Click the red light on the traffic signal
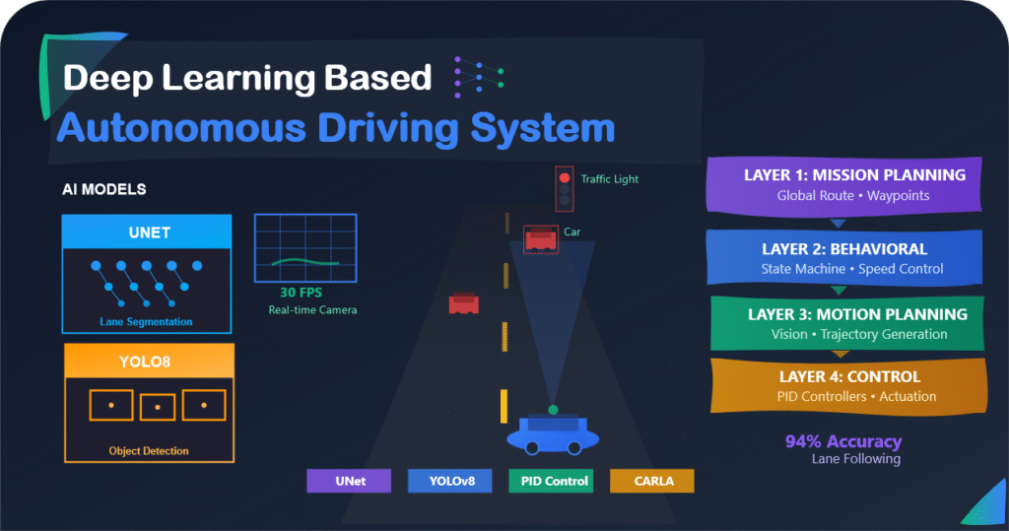click(x=565, y=178)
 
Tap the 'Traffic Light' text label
click(x=609, y=179)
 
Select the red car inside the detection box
click(x=541, y=238)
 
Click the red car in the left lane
click(x=463, y=303)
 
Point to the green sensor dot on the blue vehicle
click(x=553, y=409)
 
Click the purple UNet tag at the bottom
click(x=350, y=481)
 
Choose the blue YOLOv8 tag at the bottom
click(x=448, y=481)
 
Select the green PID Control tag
click(x=550, y=481)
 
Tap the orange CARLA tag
click(x=651, y=481)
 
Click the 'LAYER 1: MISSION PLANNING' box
click(x=846, y=184)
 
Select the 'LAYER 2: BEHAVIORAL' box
click(x=846, y=258)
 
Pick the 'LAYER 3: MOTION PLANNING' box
click(x=846, y=323)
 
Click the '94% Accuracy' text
click(x=842, y=442)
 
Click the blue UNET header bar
click(x=148, y=232)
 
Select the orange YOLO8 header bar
click(x=148, y=362)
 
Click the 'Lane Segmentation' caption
click(x=146, y=322)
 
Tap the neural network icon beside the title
click(x=478, y=77)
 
